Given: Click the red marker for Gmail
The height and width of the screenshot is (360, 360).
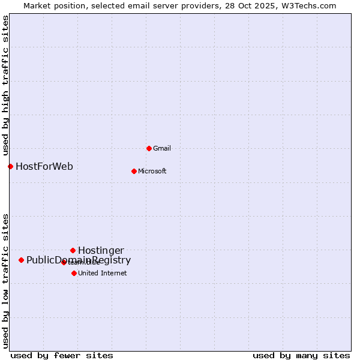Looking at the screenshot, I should [x=149, y=148].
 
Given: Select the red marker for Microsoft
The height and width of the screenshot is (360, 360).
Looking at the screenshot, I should [x=134, y=171].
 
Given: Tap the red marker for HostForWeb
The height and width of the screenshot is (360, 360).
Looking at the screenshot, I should [x=10, y=166].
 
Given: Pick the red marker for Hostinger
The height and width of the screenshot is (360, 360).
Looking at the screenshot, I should [x=73, y=250].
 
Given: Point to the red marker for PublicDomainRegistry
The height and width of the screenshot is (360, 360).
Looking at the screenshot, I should [x=21, y=260].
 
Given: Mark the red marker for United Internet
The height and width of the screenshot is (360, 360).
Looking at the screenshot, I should [x=74, y=273].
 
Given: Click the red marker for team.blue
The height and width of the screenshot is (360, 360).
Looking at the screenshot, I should [x=64, y=262].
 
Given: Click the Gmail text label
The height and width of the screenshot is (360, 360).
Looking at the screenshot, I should [x=162, y=148].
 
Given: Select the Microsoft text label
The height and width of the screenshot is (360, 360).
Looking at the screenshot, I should [x=152, y=171].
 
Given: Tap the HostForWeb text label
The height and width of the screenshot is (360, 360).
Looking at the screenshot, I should [x=44, y=166].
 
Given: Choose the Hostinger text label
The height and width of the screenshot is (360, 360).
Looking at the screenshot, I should [x=101, y=250].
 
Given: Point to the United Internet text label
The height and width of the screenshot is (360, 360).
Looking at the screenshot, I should [x=102, y=273].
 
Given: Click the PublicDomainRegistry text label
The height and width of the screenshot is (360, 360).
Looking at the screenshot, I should [x=79, y=260].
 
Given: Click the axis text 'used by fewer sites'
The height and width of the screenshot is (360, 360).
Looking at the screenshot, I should [x=62, y=355].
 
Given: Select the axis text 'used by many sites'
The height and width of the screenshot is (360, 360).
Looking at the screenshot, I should [x=301, y=355].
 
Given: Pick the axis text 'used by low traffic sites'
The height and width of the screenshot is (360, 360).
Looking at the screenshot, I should [x=6, y=280].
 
